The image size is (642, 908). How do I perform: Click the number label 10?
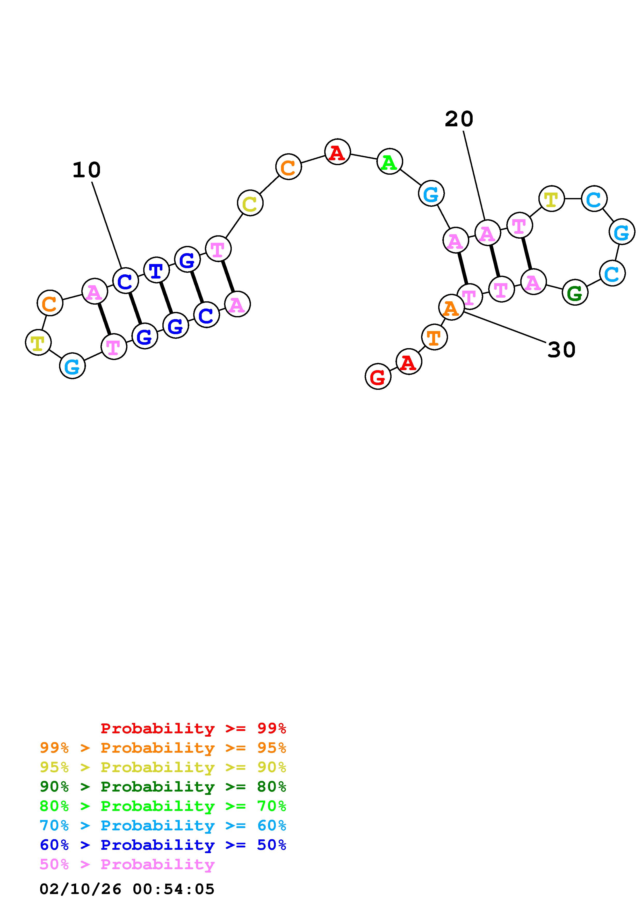(86, 170)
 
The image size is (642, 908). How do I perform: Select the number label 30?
(561, 350)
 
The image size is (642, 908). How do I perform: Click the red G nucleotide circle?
(378, 377)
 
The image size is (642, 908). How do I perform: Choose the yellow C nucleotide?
(250, 203)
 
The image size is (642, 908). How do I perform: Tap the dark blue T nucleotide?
(156, 270)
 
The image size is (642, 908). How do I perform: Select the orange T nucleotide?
(434, 337)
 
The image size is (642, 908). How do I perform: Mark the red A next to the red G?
(408, 362)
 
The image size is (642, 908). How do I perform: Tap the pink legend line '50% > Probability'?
(127, 865)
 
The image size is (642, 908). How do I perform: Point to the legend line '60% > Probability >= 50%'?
(163, 845)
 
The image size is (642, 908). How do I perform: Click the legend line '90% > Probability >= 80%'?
(163, 787)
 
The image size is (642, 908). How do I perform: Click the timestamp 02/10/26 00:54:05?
(127, 889)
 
